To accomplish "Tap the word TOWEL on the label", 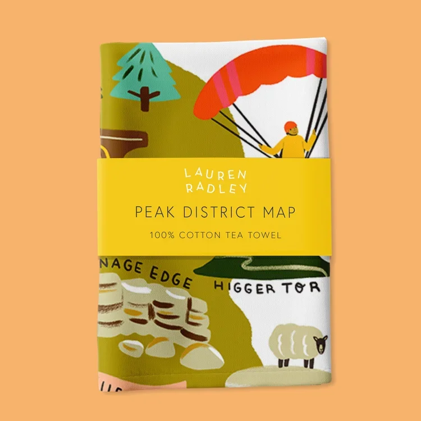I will tap(264, 235).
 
